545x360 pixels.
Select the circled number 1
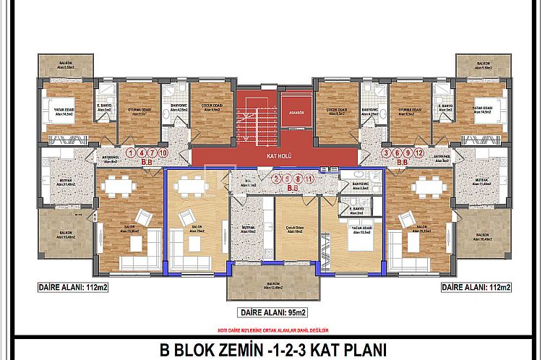pyautogui.click(x=130, y=153)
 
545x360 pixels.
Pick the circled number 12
pyautogui.click(x=418, y=153)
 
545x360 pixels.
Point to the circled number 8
pyautogui.click(x=297, y=178)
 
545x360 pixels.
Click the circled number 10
pyautogui.click(x=163, y=153)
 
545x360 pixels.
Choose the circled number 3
pyautogui.click(x=387, y=153)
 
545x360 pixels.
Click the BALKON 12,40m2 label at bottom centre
pyautogui.click(x=272, y=287)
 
